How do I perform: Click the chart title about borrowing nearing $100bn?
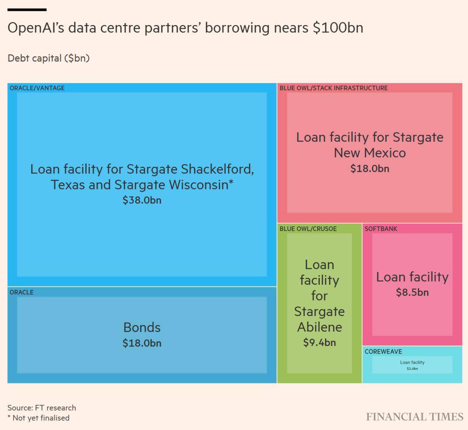click(185, 28)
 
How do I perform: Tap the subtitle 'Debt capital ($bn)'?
click(49, 58)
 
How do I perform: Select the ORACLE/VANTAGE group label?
click(37, 88)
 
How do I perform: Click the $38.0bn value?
click(142, 200)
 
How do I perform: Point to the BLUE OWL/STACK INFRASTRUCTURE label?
click(333, 88)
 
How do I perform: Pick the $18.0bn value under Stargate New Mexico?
click(370, 169)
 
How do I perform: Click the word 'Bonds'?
click(142, 327)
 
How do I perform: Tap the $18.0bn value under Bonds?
click(142, 343)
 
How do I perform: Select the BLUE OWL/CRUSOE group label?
click(308, 229)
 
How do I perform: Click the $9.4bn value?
click(319, 342)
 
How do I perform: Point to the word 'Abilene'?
click(319, 327)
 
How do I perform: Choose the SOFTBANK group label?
click(380, 229)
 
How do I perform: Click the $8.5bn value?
click(412, 293)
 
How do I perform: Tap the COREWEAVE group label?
click(383, 352)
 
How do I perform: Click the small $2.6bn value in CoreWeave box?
click(412, 368)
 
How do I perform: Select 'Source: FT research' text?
click(42, 408)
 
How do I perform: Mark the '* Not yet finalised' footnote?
click(38, 418)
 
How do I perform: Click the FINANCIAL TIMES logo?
click(415, 417)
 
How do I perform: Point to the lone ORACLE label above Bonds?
click(21, 292)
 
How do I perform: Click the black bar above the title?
click(27, 10)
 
